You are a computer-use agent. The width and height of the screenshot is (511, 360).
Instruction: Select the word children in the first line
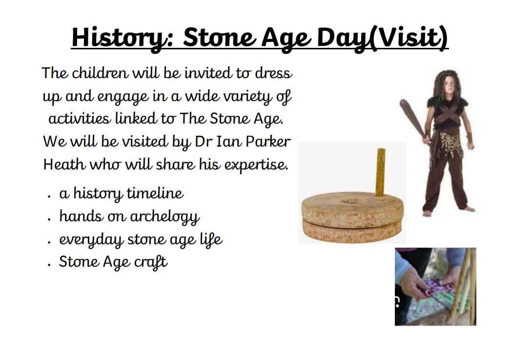tap(100, 73)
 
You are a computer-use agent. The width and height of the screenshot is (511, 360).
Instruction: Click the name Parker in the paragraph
tap(268, 142)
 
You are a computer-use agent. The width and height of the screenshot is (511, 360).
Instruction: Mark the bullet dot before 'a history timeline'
tap(49, 197)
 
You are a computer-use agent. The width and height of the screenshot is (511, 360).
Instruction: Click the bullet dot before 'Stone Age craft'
tap(49, 265)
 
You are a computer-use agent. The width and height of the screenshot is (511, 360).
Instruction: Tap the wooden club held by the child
tap(412, 120)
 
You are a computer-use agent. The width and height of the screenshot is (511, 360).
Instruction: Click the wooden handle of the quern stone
tap(381, 172)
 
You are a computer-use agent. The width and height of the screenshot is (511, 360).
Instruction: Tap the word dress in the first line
tap(273, 73)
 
